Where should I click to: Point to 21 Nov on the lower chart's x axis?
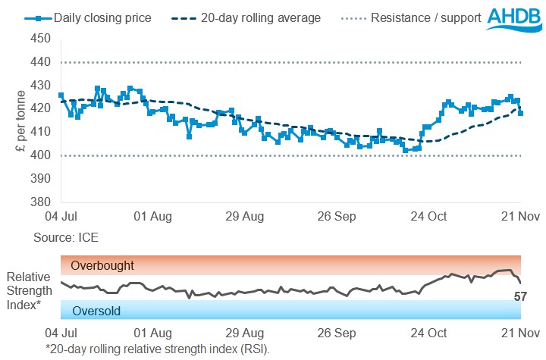tap(518, 332)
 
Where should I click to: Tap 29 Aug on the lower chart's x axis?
tap(245, 332)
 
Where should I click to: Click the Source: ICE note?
tap(66, 238)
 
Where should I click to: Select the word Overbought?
tap(102, 266)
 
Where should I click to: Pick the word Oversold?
tap(96, 310)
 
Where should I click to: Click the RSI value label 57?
tap(520, 296)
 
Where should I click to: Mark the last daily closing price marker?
tap(520, 113)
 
